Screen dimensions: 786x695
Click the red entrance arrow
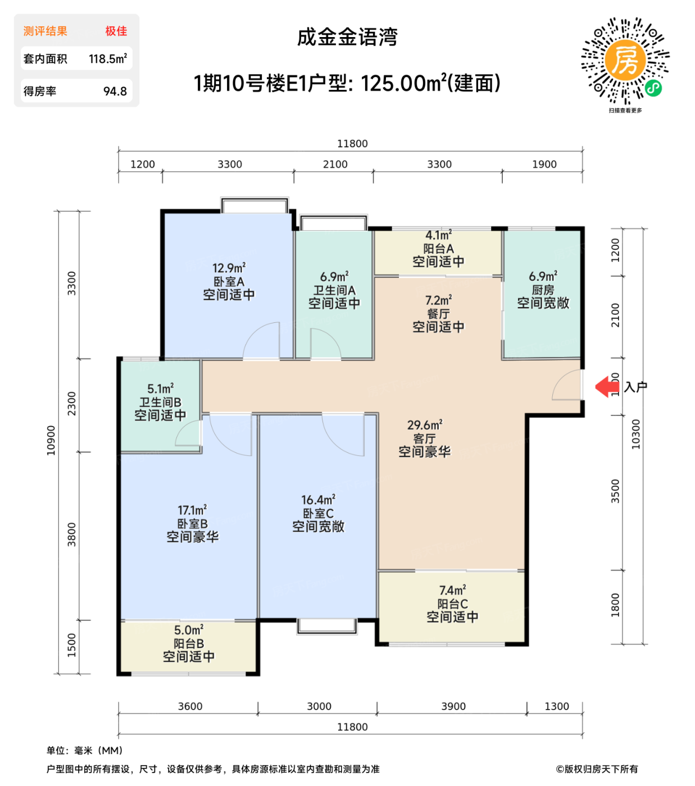(606, 386)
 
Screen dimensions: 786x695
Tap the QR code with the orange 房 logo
(625, 61)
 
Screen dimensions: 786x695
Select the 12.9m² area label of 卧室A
(229, 268)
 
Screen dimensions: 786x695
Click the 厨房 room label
(543, 290)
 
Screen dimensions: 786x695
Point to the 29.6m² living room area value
(425, 425)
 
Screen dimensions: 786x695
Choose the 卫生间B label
(160, 402)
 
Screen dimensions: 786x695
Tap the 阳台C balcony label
(452, 604)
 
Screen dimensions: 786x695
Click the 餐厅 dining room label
(438, 314)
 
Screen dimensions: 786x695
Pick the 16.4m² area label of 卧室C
(318, 500)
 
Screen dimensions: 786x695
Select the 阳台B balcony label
(189, 643)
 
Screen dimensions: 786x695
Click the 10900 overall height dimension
(51, 440)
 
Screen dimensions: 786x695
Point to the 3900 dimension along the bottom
(453, 706)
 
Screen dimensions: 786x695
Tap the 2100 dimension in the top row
(335, 164)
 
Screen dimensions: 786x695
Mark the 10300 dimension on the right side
(635, 434)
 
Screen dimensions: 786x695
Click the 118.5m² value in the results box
(108, 59)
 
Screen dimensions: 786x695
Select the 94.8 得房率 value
(115, 92)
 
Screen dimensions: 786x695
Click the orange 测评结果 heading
(45, 31)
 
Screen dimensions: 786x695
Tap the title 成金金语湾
(347, 38)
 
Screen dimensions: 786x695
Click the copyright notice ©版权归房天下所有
(597, 769)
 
